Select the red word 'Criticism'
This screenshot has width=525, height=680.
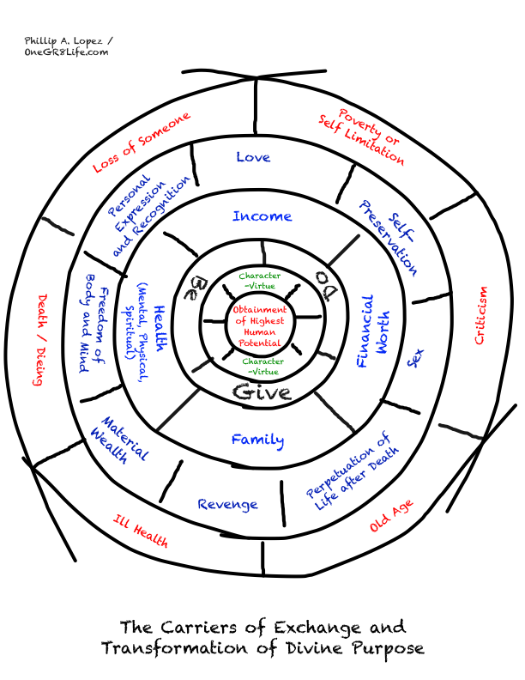(x=481, y=315)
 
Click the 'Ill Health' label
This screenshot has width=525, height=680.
(x=141, y=531)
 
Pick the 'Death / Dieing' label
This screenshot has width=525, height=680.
(x=39, y=340)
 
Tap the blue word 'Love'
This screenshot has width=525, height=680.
(x=253, y=157)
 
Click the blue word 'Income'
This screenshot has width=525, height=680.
(x=262, y=216)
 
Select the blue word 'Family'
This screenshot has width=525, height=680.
(x=257, y=440)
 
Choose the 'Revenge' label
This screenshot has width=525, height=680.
(x=227, y=504)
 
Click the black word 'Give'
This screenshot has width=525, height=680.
(x=262, y=393)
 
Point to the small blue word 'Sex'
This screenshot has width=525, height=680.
(x=415, y=358)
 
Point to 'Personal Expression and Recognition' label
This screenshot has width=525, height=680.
(x=146, y=211)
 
